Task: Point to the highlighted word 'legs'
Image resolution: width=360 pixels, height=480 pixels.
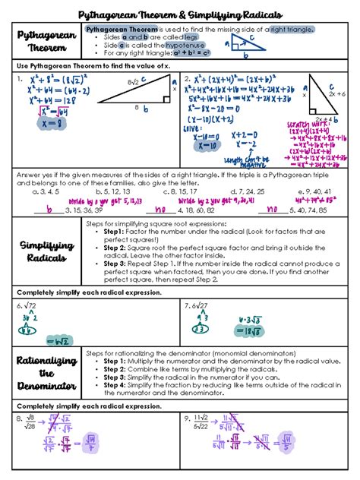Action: tap(191, 36)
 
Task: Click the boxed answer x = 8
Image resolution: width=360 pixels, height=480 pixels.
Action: tap(45, 121)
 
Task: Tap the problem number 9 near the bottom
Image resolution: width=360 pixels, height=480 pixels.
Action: tap(187, 418)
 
